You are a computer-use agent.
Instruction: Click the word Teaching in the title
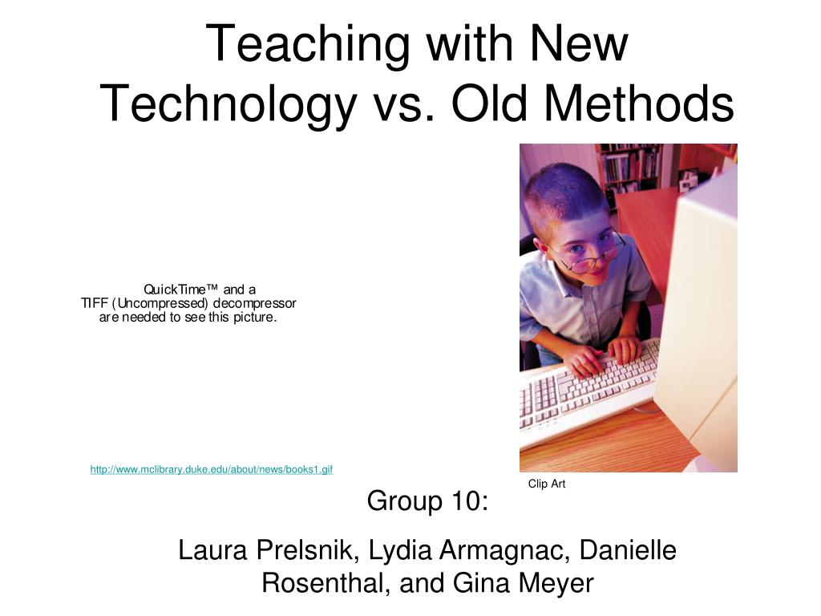(x=308, y=45)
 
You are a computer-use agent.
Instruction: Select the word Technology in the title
(x=229, y=105)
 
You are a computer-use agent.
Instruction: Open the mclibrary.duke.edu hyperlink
(x=212, y=469)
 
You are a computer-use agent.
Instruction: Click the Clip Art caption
(x=547, y=484)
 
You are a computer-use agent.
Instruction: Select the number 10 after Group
(x=463, y=500)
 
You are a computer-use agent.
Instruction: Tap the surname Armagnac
(x=504, y=551)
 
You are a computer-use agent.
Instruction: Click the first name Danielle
(x=628, y=550)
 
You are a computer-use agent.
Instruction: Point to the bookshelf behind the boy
(x=629, y=168)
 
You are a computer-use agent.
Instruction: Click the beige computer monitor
(x=699, y=325)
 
